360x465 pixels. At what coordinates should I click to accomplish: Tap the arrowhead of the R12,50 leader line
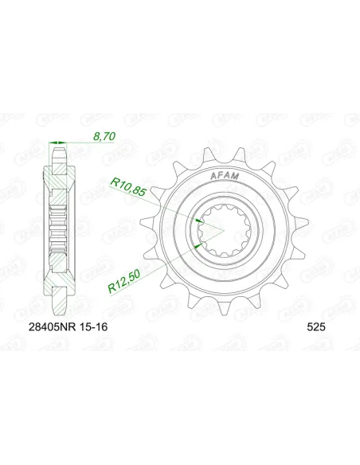(195, 246)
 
